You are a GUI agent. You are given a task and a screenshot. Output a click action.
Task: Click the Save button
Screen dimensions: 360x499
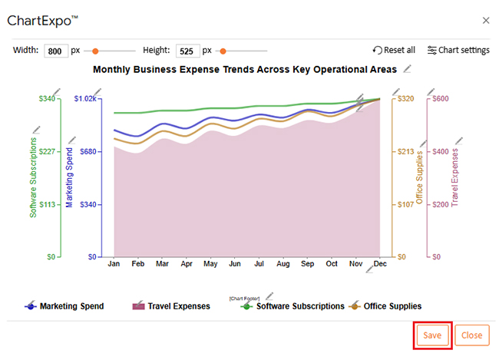pyautogui.click(x=432, y=335)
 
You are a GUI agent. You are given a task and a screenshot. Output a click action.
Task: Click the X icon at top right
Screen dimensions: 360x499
pyautogui.click(x=485, y=21)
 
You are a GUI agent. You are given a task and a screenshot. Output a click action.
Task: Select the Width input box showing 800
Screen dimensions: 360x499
pyautogui.click(x=56, y=51)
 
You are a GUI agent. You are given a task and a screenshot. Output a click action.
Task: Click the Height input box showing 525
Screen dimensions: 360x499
pyautogui.click(x=187, y=51)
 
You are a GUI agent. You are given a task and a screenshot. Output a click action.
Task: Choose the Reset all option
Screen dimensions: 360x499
pyautogui.click(x=394, y=50)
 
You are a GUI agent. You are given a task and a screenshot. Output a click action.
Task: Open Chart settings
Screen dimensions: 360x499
pyautogui.click(x=458, y=50)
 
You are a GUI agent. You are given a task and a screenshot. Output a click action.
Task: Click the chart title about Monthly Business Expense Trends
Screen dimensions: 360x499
pyautogui.click(x=245, y=69)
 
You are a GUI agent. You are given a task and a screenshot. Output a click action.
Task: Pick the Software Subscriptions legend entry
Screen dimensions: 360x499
pyautogui.click(x=299, y=306)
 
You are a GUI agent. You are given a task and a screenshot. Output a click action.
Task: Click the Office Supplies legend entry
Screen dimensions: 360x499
pyautogui.click(x=392, y=306)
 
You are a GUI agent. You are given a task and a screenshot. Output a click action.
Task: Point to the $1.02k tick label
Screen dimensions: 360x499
pyautogui.click(x=85, y=98)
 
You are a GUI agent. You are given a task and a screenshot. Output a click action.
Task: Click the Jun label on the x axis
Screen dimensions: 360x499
pyautogui.click(x=235, y=264)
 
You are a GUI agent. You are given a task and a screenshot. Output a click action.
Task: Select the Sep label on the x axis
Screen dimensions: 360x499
pyautogui.click(x=307, y=264)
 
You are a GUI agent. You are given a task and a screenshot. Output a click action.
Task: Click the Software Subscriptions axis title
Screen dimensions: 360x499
pyautogui.click(x=33, y=178)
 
